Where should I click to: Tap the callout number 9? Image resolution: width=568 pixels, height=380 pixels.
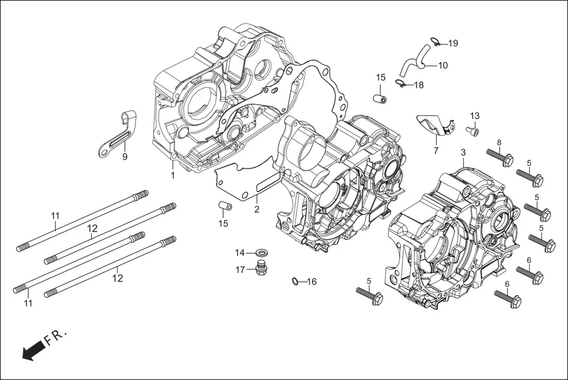click(x=125, y=157)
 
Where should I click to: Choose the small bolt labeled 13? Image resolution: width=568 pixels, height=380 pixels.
click(x=472, y=130)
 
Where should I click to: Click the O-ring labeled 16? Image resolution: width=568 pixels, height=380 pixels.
click(x=295, y=281)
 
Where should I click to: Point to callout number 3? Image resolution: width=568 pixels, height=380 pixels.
click(x=463, y=152)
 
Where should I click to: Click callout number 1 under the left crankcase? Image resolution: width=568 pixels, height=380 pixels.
click(x=173, y=176)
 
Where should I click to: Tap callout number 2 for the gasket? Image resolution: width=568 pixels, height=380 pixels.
click(x=257, y=209)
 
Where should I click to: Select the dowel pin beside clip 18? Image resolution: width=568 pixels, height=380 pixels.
click(x=381, y=97)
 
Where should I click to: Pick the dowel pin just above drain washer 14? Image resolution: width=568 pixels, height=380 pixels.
click(x=224, y=206)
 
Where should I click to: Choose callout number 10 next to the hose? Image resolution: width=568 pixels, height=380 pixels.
click(x=443, y=65)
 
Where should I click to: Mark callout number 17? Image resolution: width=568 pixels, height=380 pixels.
click(x=240, y=270)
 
